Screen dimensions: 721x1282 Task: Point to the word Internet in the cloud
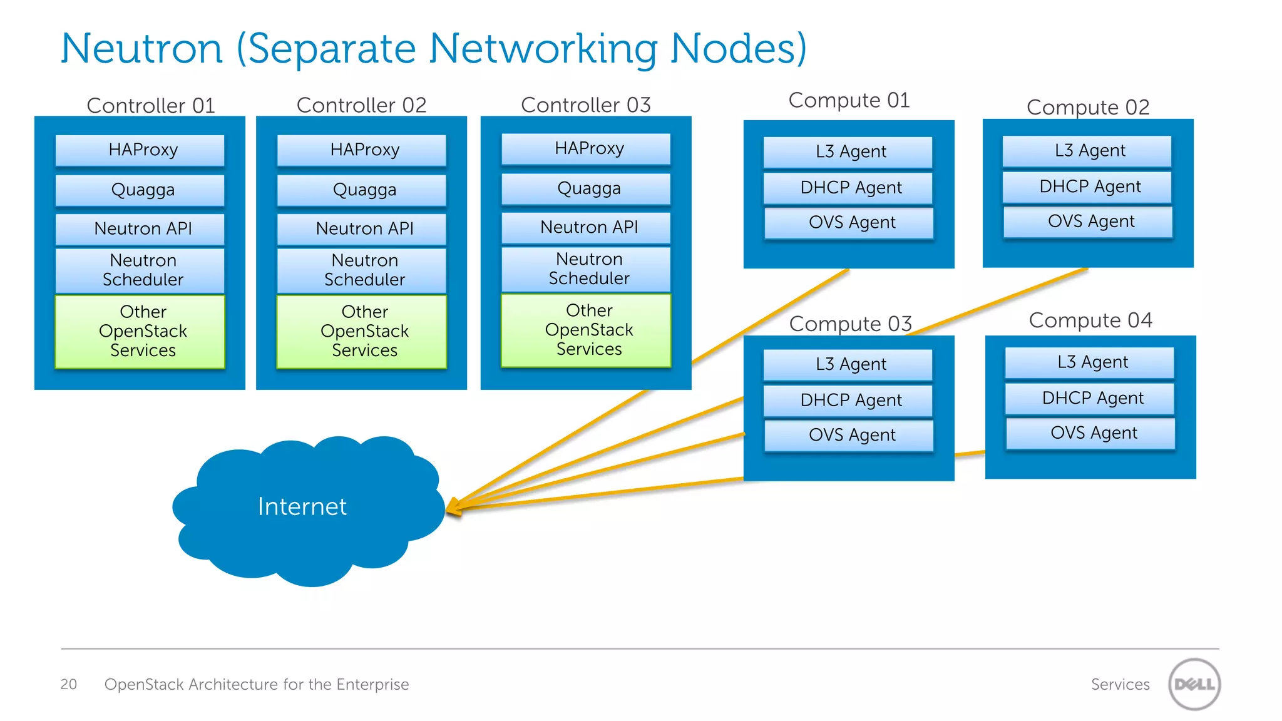click(302, 506)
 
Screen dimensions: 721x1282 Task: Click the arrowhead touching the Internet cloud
click(454, 508)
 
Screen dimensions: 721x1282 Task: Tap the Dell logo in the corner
click(1194, 684)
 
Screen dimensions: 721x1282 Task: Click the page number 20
click(68, 684)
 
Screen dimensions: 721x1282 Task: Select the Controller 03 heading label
click(586, 105)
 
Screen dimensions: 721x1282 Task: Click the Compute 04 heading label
click(1090, 320)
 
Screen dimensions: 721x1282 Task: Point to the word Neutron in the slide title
click(141, 48)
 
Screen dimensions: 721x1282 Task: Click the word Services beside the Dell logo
click(1119, 684)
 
